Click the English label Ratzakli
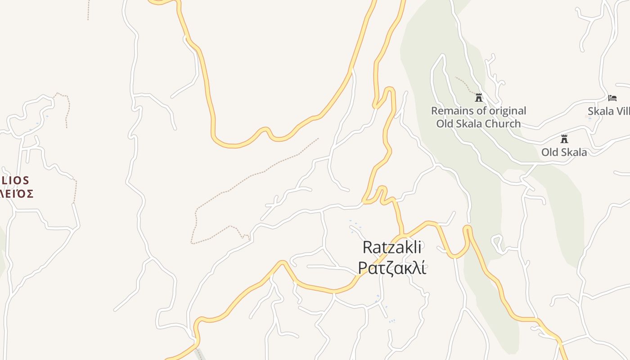[392, 247]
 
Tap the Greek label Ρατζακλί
[392, 267]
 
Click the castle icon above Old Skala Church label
[479, 97]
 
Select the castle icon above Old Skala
[564, 139]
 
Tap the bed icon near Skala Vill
[612, 98]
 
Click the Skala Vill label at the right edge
[608, 111]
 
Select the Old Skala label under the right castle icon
[564, 152]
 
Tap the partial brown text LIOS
[16, 180]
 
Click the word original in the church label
[506, 111]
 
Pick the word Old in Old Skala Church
[445, 124]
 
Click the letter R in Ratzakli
[367, 247]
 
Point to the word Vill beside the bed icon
[622, 111]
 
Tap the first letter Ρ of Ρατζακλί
[363, 267]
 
